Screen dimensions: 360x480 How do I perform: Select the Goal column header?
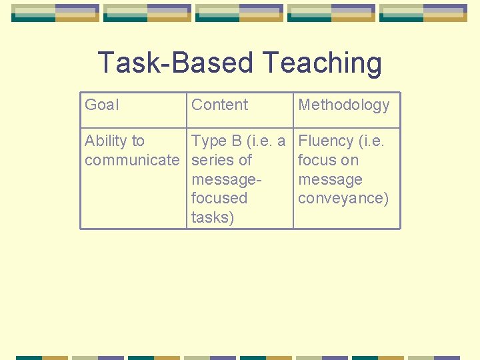[x=102, y=105]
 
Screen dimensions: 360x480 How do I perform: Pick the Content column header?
[x=219, y=105]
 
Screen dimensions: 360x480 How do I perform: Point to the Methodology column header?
[x=343, y=105]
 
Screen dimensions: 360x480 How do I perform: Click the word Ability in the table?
[x=105, y=141]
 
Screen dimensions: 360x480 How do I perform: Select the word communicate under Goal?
[x=132, y=160]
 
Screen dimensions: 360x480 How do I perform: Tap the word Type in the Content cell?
[x=209, y=141]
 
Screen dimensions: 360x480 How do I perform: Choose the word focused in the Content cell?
[x=219, y=198]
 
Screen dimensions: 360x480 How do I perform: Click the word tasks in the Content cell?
[x=212, y=217]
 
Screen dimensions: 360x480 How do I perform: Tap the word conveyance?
[x=343, y=199]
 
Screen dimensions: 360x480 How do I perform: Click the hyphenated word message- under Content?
[x=226, y=179]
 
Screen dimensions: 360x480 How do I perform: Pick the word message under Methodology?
[x=330, y=179]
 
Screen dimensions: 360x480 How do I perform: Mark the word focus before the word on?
[x=317, y=160]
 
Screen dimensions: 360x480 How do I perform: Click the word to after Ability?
[x=138, y=141]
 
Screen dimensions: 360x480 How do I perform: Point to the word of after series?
[x=245, y=160]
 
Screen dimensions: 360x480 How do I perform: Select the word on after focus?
[x=349, y=160]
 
